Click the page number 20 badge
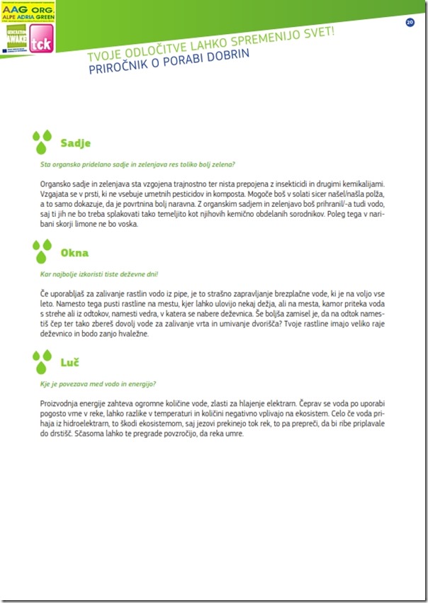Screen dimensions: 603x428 click(410, 23)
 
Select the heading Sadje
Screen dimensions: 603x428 click(75, 143)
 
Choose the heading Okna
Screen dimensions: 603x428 click(74, 253)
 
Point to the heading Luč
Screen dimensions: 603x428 click(69, 364)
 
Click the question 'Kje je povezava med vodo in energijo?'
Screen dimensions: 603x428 click(98, 383)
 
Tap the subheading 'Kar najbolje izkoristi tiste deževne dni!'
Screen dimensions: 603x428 click(99, 273)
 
